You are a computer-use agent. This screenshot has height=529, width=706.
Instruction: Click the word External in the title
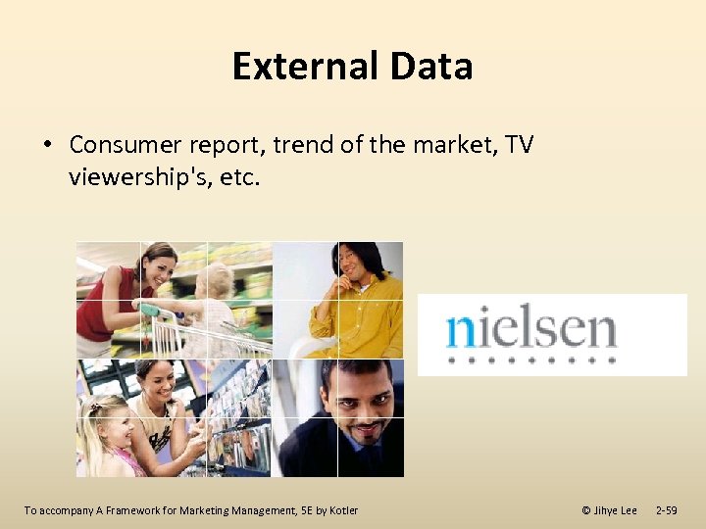point(305,67)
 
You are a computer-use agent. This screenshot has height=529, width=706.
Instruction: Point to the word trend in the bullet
point(298,145)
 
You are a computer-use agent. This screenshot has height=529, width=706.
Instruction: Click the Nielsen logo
point(552,334)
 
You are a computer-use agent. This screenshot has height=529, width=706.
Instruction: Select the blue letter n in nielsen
point(459,331)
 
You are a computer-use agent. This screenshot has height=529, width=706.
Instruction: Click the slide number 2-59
point(666,510)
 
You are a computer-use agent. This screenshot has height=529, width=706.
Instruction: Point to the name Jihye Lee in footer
point(616,510)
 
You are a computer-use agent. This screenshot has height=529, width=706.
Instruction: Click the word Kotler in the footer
point(343,510)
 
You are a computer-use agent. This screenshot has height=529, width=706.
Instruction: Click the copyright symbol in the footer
point(586,510)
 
